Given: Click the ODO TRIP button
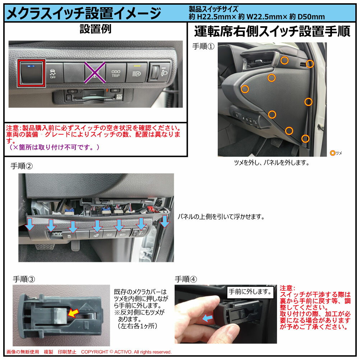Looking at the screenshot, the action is pyautogui.click(x=116, y=73).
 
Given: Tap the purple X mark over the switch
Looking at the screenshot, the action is pyautogui.click(x=95, y=73).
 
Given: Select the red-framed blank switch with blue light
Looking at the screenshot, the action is pyautogui.click(x=32, y=73).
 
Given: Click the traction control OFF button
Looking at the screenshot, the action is pyautogui.click(x=53, y=73).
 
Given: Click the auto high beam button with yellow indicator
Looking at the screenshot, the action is pyautogui.click(x=137, y=73).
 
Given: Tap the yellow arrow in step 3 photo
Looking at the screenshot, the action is pyautogui.click(x=73, y=313).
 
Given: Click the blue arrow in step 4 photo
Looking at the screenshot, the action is pyautogui.click(x=207, y=318).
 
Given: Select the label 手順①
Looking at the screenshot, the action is pyautogui.click(x=203, y=46).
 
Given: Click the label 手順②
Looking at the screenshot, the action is pyautogui.click(x=22, y=166).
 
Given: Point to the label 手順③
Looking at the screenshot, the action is pyautogui.click(x=24, y=279).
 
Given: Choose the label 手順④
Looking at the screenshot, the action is pyautogui.click(x=186, y=279).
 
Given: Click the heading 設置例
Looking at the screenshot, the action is pyautogui.click(x=96, y=29).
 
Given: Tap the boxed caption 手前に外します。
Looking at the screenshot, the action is pyautogui.click(x=250, y=292).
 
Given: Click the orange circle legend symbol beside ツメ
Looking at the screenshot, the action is pyautogui.click(x=332, y=153).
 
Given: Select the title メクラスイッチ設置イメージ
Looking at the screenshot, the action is pyautogui.click(x=84, y=13).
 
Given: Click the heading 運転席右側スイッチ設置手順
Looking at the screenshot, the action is pyautogui.click(x=272, y=31).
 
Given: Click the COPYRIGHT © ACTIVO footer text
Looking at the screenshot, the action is pyautogui.click(x=126, y=352).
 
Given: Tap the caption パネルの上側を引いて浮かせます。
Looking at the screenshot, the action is pyautogui.click(x=221, y=217).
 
